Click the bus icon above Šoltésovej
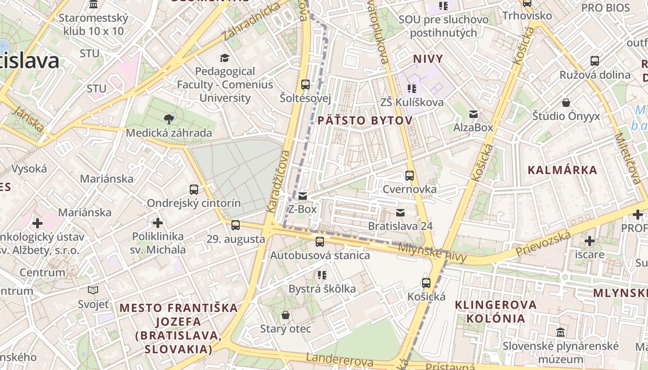(305, 85)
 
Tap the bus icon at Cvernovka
(409, 176)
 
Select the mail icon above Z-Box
(303, 196)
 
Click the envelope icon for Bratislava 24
(400, 213)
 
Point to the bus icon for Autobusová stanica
(320, 241)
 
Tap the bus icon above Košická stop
(426, 283)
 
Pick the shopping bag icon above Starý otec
(286, 315)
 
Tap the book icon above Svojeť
(93, 290)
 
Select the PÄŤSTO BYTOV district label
(365, 121)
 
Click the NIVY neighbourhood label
(428, 59)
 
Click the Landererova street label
(340, 360)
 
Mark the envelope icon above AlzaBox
(474, 114)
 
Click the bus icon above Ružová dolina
(595, 61)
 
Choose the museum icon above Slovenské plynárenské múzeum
(561, 332)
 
